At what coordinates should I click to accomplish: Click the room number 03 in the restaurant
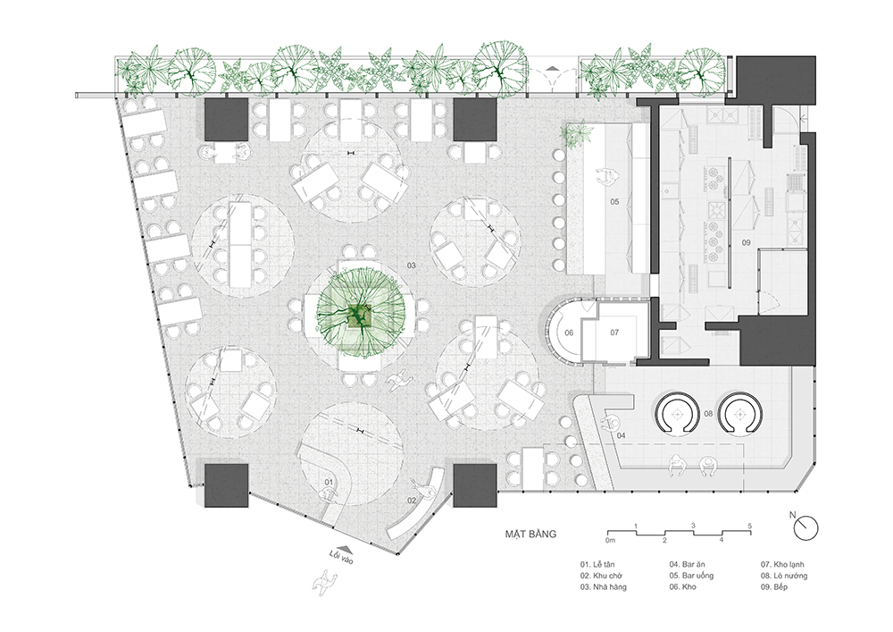(411, 265)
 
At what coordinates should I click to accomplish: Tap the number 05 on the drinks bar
(614, 202)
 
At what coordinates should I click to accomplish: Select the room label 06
(569, 333)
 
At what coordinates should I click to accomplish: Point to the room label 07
(614, 333)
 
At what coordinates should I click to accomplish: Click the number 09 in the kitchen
(746, 243)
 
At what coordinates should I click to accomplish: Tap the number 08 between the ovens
(708, 414)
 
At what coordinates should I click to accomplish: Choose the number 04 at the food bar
(621, 435)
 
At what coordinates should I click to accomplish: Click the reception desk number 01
(329, 482)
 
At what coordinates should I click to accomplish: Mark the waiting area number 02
(412, 501)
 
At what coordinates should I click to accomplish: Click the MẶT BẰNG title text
(530, 534)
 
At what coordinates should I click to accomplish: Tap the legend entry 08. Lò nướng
(784, 576)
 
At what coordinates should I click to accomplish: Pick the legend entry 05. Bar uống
(691, 576)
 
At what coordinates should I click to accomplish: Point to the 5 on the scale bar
(751, 526)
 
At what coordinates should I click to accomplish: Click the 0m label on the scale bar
(610, 539)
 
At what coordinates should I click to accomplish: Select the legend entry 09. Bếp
(774, 587)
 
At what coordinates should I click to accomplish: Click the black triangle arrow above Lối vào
(350, 547)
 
